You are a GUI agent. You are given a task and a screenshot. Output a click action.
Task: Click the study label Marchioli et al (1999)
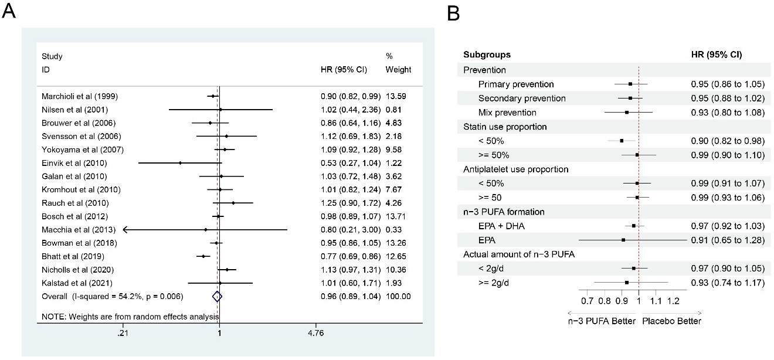(79, 96)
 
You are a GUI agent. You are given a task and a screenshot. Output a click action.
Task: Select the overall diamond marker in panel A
(218, 297)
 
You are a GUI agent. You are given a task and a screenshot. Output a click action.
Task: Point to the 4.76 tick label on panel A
(315, 334)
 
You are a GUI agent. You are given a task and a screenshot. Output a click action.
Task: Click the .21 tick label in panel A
(123, 334)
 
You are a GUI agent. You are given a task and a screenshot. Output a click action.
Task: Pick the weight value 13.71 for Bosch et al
(398, 216)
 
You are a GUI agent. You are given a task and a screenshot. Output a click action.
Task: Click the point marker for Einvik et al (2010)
(180, 163)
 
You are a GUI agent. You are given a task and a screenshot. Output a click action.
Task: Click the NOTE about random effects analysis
(129, 317)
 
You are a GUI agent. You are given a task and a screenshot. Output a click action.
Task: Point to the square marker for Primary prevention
(630, 84)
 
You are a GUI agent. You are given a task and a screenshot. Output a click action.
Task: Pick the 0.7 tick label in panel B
(587, 301)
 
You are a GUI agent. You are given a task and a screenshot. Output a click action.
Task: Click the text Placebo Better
(671, 321)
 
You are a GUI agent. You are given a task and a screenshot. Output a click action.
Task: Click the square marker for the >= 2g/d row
(627, 283)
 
